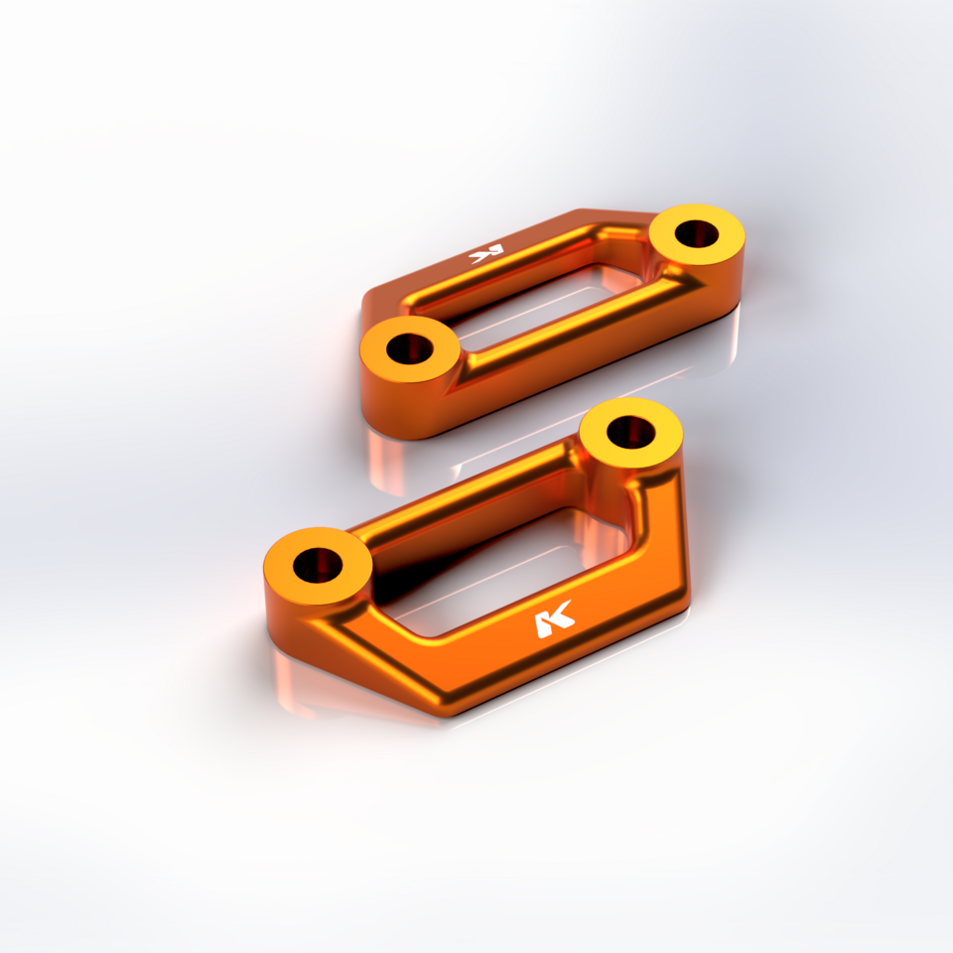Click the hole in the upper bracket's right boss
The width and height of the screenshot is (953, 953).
coord(698,235)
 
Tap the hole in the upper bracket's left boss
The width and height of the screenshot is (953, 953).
coord(410,349)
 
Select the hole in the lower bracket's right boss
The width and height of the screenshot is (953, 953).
coord(630,432)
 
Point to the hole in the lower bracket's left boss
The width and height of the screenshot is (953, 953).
coord(318,565)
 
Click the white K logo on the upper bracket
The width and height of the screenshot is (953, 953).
coord(486,253)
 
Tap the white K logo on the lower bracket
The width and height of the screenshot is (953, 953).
coord(554,621)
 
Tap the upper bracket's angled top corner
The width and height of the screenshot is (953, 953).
coord(581,212)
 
